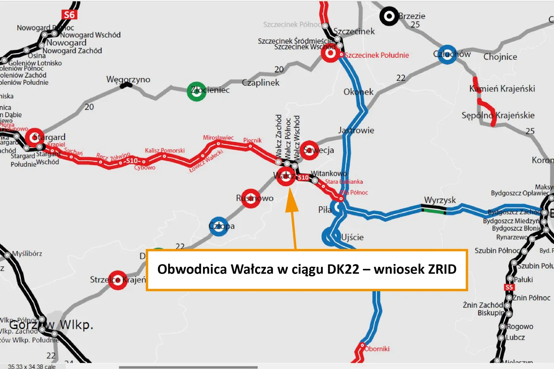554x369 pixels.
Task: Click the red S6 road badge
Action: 69,15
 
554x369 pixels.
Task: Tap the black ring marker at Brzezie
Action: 389,16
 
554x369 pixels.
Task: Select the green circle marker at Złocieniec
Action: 196,91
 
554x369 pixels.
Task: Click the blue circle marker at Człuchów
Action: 447,55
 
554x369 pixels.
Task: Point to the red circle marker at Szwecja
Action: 309,150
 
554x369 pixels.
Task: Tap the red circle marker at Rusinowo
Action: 250,198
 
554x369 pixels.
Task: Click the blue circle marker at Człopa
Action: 219,226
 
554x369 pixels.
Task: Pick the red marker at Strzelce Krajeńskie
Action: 118,280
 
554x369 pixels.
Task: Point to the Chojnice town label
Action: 500,57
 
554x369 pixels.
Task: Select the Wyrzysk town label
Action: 440,200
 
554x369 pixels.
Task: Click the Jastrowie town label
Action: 356,130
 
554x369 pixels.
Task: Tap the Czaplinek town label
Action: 260,83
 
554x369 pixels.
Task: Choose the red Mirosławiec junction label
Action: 218,137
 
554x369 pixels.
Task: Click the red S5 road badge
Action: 509,287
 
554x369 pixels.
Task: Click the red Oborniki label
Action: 377,349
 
